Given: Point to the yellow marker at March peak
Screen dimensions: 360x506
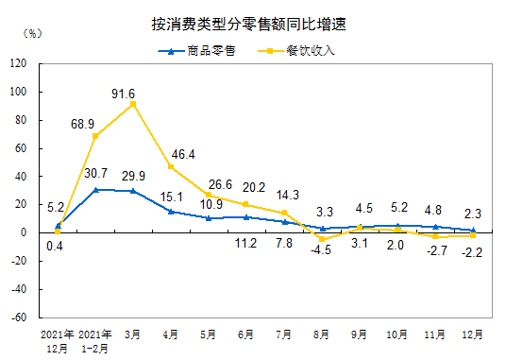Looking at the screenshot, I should (133, 104).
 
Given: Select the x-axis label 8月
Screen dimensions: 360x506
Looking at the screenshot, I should (322, 334).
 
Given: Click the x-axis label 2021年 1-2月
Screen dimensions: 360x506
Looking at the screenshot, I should (95, 340).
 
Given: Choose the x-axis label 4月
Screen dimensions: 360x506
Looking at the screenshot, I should (171, 334).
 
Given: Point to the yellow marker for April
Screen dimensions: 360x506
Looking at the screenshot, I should (171, 167).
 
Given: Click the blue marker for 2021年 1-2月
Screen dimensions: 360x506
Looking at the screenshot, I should (95, 189).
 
